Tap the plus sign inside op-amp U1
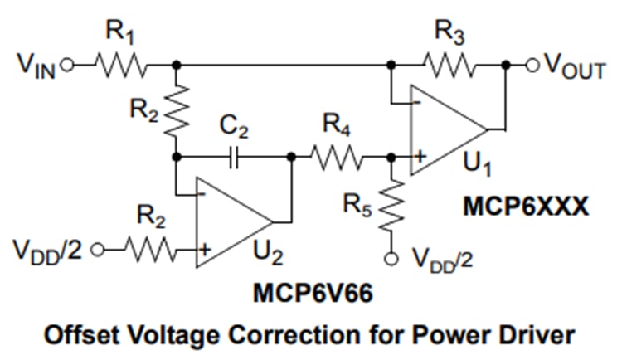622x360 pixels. coord(422,155)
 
